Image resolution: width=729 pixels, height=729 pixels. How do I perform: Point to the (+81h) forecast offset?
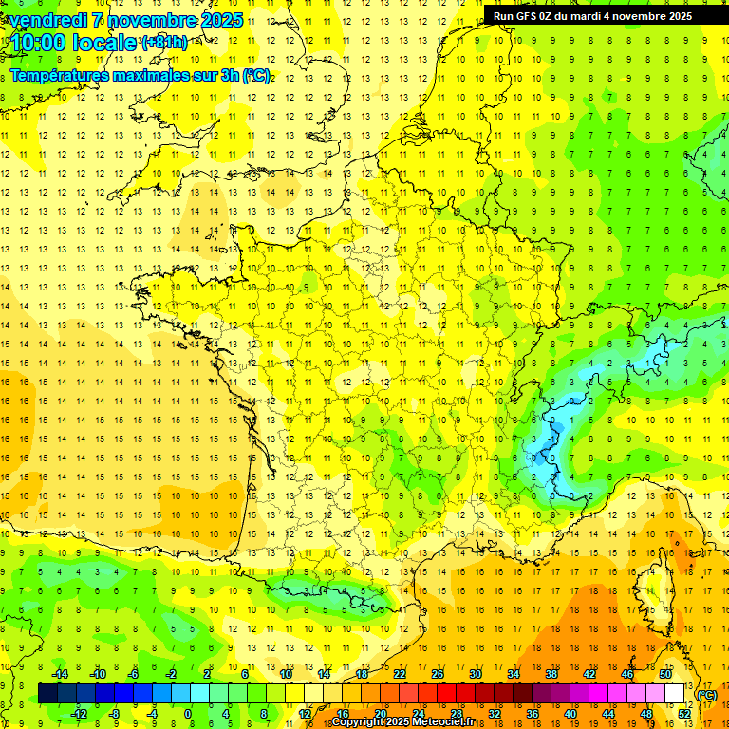pyautogui.click(x=164, y=43)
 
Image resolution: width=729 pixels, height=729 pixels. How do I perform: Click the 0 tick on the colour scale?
pyautogui.click(x=188, y=714)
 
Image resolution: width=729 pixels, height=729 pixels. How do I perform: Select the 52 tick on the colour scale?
pyautogui.click(x=684, y=714)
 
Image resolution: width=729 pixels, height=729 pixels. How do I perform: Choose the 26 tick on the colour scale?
pyautogui.click(x=438, y=674)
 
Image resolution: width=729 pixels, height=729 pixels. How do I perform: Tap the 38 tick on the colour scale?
pyautogui.click(x=551, y=674)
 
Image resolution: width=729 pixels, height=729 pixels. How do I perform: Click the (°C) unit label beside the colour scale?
pyautogui.click(x=707, y=695)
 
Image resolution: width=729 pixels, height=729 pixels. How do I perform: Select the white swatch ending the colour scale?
pyautogui.click(x=675, y=694)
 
